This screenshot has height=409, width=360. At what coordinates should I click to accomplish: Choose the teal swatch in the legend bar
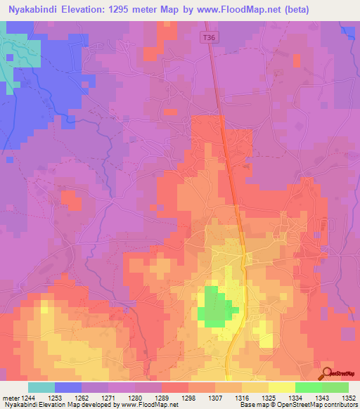(41, 387)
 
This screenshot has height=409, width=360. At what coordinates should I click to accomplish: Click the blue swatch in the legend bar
(68, 387)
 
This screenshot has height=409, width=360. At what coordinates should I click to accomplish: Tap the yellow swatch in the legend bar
(282, 387)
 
